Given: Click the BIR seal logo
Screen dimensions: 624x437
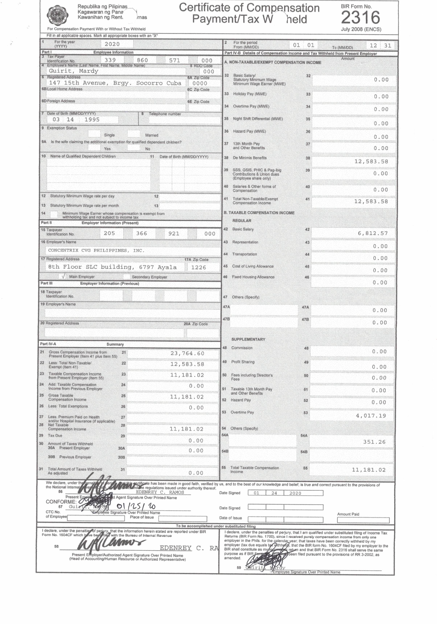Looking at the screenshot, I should (58, 15).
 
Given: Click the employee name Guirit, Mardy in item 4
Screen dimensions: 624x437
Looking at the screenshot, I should (74, 71).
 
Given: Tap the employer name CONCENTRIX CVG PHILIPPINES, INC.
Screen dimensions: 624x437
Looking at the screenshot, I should (96, 250).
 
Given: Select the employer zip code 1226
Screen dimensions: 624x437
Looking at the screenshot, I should (198, 267).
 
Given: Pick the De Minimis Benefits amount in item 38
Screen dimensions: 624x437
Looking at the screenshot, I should (371, 161).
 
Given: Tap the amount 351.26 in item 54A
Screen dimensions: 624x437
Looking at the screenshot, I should (374, 442).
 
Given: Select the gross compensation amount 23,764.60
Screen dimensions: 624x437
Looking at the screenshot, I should (187, 353).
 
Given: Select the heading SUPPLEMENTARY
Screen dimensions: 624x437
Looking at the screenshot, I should (248, 340).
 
